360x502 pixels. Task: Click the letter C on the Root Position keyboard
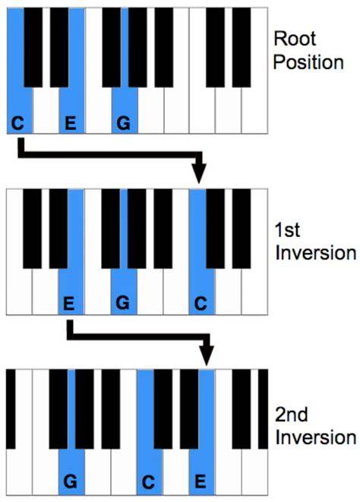click(x=17, y=123)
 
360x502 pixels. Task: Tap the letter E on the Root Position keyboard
click(x=71, y=123)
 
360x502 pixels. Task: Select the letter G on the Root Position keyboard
click(x=124, y=123)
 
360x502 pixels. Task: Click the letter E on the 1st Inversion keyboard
click(x=69, y=303)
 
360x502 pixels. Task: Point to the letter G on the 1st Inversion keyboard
click(x=123, y=303)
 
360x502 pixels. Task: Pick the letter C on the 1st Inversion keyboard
click(x=201, y=303)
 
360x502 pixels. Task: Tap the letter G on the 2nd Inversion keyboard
click(x=71, y=481)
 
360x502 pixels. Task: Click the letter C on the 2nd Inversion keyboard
click(x=148, y=481)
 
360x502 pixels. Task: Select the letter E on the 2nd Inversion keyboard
click(x=201, y=481)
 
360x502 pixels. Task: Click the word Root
click(x=295, y=39)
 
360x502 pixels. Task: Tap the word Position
click(x=308, y=62)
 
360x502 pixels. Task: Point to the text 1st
click(x=287, y=229)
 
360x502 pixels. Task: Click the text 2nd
click(x=292, y=415)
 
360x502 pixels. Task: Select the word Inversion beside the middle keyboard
click(x=316, y=253)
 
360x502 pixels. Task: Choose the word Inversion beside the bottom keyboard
click(x=316, y=437)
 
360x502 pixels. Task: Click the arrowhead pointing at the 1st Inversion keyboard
click(x=199, y=173)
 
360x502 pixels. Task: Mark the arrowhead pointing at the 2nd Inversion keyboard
click(x=207, y=355)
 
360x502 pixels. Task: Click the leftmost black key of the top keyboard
click(x=33, y=47)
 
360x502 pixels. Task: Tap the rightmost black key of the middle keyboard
click(x=242, y=229)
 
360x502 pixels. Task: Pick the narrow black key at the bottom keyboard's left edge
click(x=11, y=409)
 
